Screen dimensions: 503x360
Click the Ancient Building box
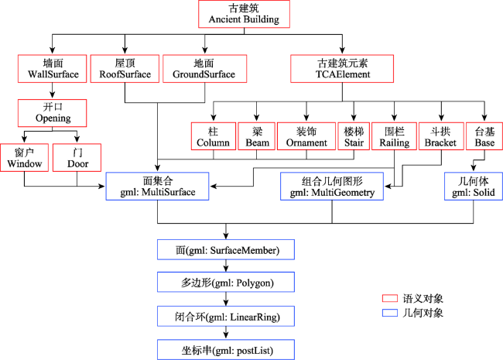pyautogui.click(x=244, y=14)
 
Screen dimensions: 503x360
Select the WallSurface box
pyautogui.click(x=53, y=69)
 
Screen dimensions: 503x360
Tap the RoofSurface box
pyautogui.click(x=125, y=69)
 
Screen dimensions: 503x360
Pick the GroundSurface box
pyautogui.click(x=204, y=69)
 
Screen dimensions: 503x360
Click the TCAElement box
pyautogui.click(x=342, y=69)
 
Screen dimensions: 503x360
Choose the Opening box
pyautogui.click(x=53, y=113)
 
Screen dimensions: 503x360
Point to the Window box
pyautogui.click(x=25, y=157)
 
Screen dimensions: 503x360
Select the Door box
pyautogui.click(x=77, y=157)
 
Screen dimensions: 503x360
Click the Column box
pyautogui.click(x=214, y=136)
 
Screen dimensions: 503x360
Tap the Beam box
pyautogui.click(x=257, y=136)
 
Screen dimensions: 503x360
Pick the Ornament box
pyautogui.click(x=306, y=136)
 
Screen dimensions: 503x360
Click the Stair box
pyautogui.click(x=354, y=136)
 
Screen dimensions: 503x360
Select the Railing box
pyautogui.click(x=394, y=136)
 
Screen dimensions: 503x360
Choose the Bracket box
pyautogui.click(x=441, y=136)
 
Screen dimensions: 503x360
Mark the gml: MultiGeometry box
pyautogui.click(x=332, y=187)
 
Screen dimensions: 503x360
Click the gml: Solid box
pyautogui.click(x=474, y=187)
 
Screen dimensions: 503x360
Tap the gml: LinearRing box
pyautogui.click(x=226, y=317)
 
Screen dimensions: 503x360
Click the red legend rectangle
pyautogui.click(x=390, y=298)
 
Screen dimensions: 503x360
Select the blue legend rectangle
pyautogui.click(x=390, y=313)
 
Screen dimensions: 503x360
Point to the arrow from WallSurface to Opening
pyautogui.click(x=53, y=91)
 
